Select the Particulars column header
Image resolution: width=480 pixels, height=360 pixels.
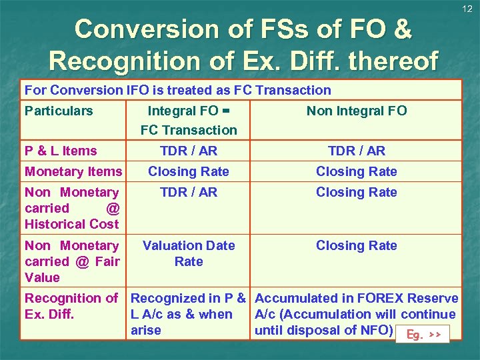pos(59,111)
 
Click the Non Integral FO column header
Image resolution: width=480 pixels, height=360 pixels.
pos(356,111)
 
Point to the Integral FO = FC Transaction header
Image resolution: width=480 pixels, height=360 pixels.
pos(189,120)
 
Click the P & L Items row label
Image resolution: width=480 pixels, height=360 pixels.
pos(61,151)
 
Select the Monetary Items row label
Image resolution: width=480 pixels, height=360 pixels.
pos(73,171)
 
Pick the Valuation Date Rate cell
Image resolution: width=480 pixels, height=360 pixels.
pos(189,253)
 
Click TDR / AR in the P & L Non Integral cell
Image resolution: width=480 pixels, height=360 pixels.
pos(356,151)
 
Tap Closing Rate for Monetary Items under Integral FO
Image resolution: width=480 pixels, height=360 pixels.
pos(189,171)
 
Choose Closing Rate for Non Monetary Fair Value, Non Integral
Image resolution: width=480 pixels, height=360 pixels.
pos(356,245)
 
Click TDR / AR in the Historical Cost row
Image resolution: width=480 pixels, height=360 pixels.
pos(189,192)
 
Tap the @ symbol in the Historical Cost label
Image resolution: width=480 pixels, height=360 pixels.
pos(112,208)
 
